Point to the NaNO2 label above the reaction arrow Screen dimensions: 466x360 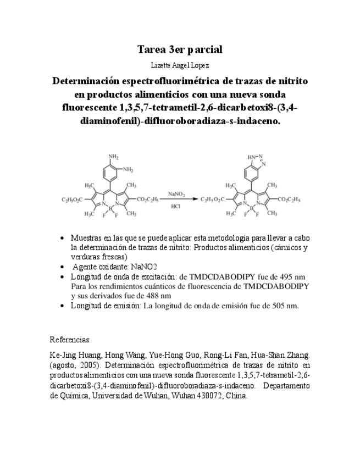(176, 193)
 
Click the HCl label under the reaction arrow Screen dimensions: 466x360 (176, 207)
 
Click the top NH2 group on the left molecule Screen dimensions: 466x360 (113, 157)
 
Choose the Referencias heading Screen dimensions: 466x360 (70, 340)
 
